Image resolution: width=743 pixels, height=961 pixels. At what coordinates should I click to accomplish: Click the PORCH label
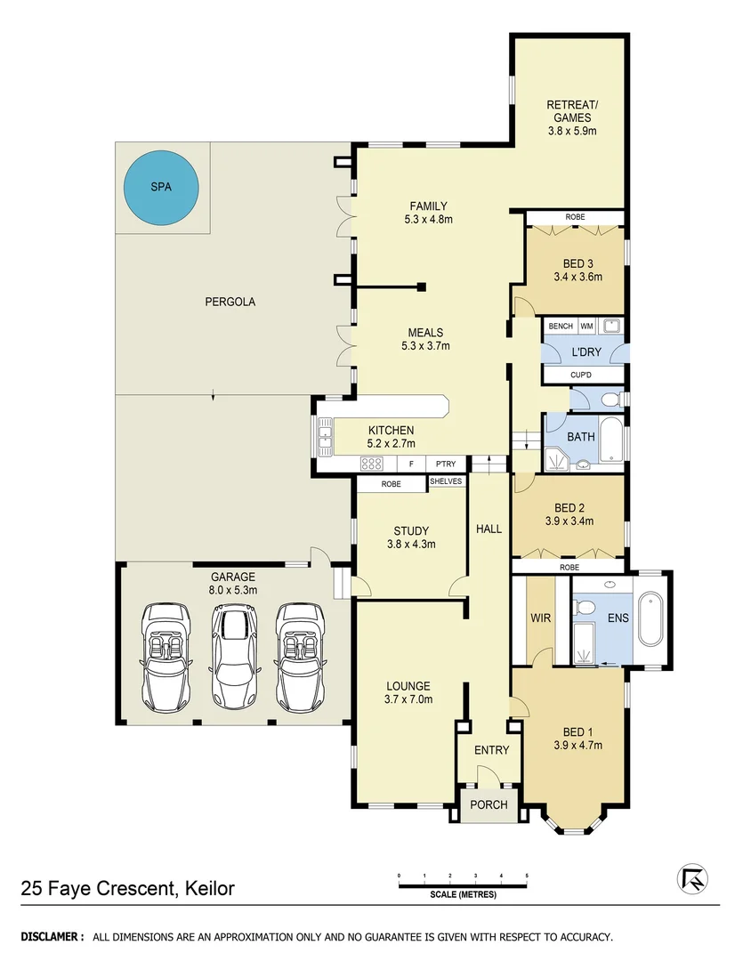pyautogui.click(x=489, y=805)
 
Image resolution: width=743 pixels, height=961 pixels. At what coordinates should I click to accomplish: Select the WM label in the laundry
pyautogui.click(x=587, y=327)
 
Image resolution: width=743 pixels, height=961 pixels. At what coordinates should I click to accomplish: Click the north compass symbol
pyautogui.click(x=691, y=878)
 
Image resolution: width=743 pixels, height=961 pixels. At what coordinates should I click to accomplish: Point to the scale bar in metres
pyautogui.click(x=463, y=885)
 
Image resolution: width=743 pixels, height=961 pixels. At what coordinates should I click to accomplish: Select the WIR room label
pyautogui.click(x=539, y=616)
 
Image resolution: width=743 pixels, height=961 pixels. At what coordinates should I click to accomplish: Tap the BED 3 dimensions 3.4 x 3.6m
pyautogui.click(x=577, y=277)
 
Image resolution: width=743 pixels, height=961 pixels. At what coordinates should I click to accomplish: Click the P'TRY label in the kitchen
pyautogui.click(x=445, y=464)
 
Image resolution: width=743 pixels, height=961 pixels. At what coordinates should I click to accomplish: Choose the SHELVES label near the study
pyautogui.click(x=447, y=481)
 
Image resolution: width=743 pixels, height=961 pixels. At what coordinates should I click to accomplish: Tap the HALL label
pyautogui.click(x=489, y=529)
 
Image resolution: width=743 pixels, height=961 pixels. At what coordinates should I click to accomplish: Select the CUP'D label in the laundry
pyautogui.click(x=580, y=376)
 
